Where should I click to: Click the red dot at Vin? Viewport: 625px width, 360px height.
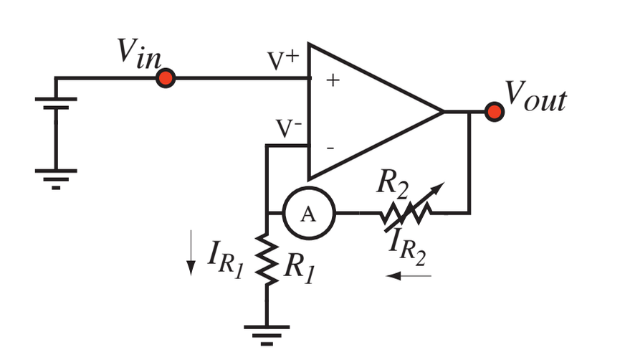(x=166, y=78)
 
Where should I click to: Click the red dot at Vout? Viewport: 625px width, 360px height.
(x=493, y=111)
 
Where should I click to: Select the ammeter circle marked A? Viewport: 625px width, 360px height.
(x=308, y=213)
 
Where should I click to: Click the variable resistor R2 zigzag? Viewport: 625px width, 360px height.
(x=407, y=212)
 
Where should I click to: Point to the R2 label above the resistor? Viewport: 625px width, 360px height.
(x=393, y=185)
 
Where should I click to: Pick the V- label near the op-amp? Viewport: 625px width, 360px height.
(x=290, y=129)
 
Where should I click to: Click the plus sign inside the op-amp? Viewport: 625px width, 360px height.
(x=332, y=80)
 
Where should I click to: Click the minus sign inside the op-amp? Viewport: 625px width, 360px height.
(x=330, y=148)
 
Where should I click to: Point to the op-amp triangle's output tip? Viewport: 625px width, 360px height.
(x=442, y=111)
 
